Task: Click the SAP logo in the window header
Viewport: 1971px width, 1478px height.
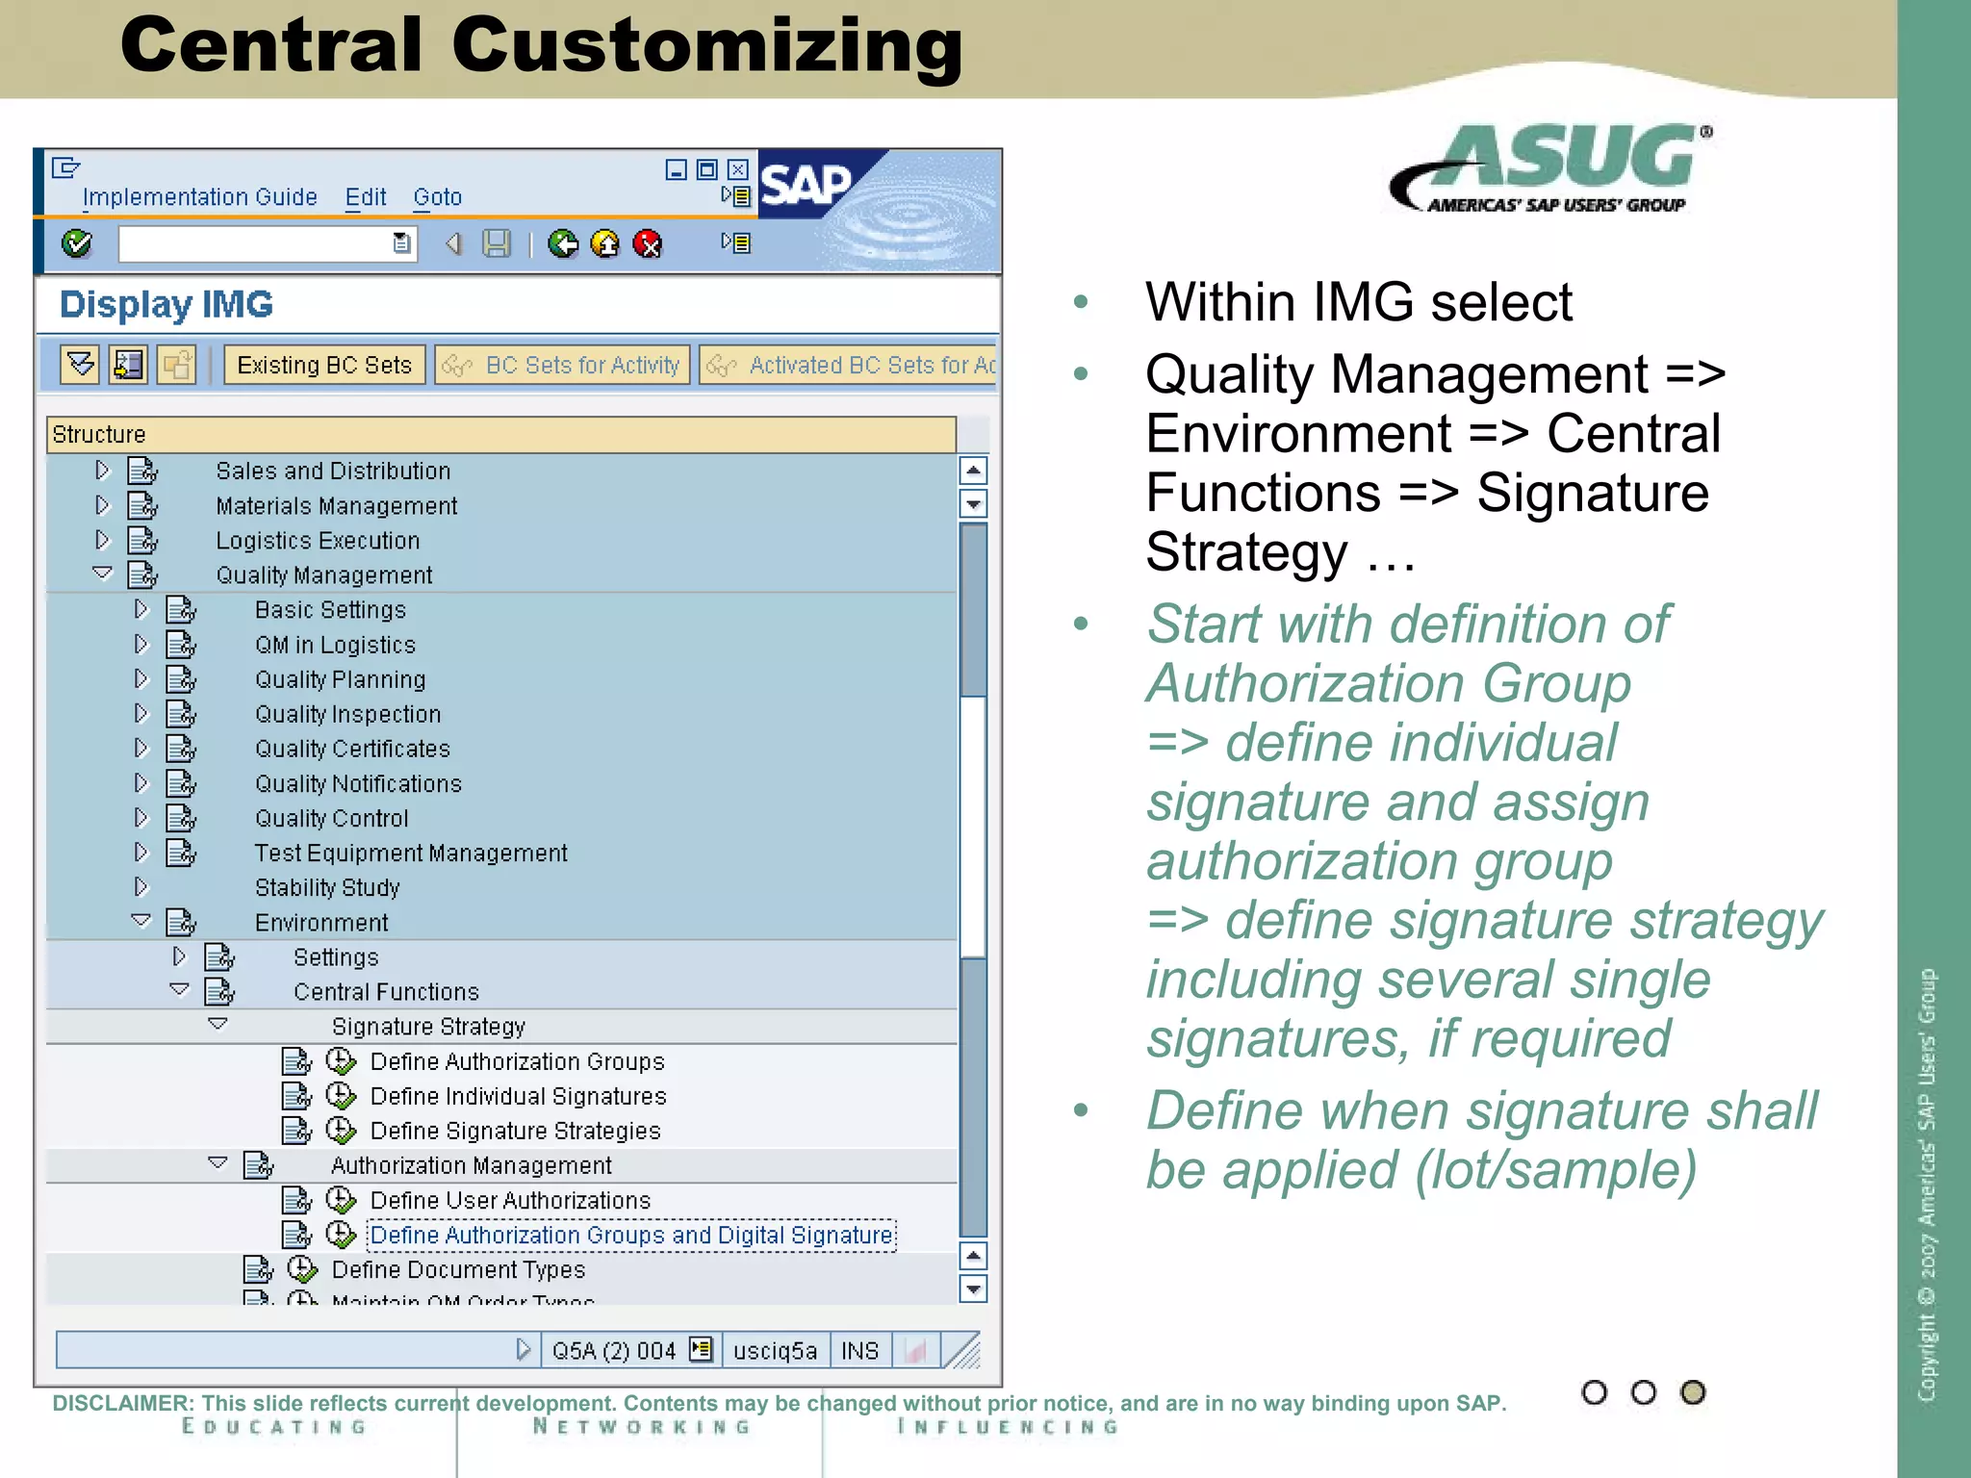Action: click(806, 184)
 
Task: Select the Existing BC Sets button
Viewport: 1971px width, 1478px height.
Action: click(324, 366)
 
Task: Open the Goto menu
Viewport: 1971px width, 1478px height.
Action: click(437, 197)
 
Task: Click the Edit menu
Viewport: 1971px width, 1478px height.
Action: click(366, 197)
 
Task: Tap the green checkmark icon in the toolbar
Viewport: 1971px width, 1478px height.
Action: click(77, 243)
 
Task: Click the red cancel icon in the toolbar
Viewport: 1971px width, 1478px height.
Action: click(648, 244)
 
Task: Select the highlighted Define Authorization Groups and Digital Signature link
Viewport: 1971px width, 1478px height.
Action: click(631, 1236)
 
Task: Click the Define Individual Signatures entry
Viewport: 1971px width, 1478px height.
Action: click(518, 1097)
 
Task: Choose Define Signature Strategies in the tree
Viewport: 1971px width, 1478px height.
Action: click(515, 1132)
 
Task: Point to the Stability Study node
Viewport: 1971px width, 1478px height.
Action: click(327, 888)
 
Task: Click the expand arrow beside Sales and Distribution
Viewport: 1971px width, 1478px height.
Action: click(102, 471)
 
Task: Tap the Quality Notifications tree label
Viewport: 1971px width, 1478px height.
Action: click(358, 784)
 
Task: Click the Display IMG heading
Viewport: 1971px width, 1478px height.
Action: click(166, 305)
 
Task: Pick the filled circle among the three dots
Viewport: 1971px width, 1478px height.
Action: click(1692, 1392)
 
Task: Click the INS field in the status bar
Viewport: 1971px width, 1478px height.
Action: click(859, 1351)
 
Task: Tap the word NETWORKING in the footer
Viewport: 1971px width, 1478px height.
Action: click(642, 1427)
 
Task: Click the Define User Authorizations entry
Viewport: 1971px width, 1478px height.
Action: click(510, 1201)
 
